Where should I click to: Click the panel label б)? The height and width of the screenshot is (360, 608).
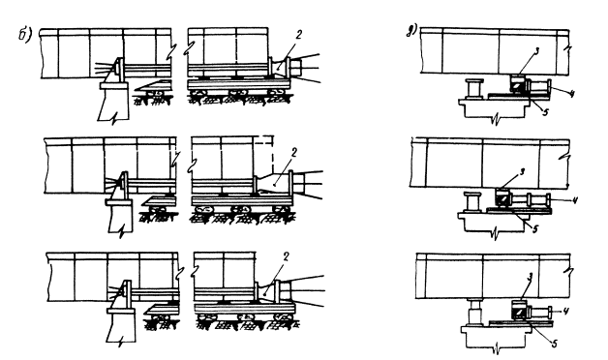point(25,35)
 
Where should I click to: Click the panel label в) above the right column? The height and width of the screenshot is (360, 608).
point(411,32)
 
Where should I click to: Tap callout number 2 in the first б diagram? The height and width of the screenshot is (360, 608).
point(298,35)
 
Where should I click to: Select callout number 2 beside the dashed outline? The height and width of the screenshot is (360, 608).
point(293,152)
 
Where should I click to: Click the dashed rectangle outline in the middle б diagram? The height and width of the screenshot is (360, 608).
point(273,153)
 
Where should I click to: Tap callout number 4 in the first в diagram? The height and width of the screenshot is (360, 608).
point(572,93)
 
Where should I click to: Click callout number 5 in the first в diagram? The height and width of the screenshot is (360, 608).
point(546,112)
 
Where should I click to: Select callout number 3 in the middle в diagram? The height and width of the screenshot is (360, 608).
point(522,171)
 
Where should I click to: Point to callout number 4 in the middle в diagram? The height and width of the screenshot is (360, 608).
point(575,200)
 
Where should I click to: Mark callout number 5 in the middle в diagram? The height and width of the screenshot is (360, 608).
point(535,229)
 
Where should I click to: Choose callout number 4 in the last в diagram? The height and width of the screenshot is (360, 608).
point(565,311)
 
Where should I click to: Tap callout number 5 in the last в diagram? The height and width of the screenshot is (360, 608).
point(555,344)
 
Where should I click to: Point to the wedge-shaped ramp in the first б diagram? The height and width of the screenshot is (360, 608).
point(152,85)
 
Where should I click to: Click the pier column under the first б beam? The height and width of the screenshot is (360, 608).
point(113,103)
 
